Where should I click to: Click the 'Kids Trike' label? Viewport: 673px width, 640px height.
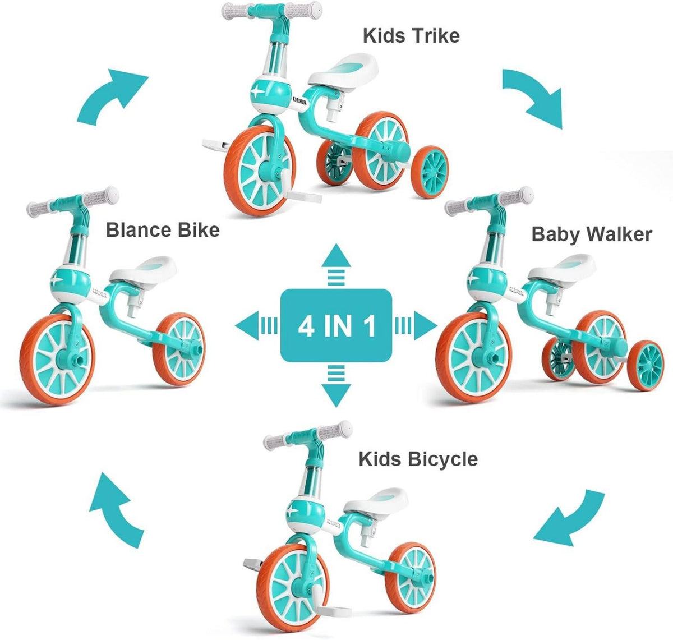(411, 36)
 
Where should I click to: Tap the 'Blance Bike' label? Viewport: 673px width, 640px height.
(163, 230)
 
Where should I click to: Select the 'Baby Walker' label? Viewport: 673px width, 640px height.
(592, 234)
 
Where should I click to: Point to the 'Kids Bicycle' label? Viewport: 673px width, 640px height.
(418, 459)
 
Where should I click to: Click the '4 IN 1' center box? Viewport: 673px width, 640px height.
(336, 326)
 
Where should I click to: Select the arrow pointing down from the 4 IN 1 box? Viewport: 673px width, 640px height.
(336, 386)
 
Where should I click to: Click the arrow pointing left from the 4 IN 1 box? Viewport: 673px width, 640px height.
(256, 326)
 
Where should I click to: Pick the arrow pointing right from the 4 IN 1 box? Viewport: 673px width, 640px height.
(416, 326)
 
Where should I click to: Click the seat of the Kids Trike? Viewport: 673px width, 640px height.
(343, 70)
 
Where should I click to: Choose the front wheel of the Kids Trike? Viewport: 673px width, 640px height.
(260, 171)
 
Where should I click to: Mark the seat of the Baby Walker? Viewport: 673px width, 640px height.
(562, 269)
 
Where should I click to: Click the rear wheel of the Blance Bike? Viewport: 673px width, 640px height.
(179, 349)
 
